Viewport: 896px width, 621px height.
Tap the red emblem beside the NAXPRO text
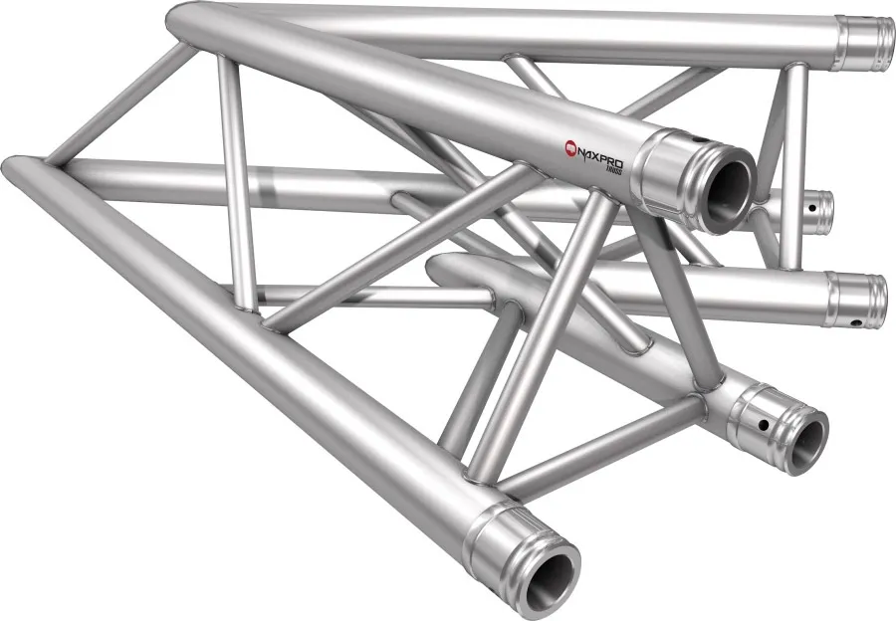[572, 147]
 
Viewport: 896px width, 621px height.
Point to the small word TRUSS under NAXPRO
[618, 167]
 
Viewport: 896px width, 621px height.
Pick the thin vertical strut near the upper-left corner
[233, 169]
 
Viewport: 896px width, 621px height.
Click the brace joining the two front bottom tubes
[597, 443]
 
